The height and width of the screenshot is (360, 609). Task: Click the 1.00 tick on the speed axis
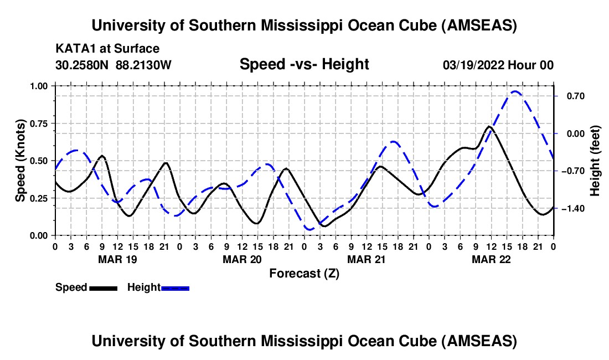(x=40, y=86)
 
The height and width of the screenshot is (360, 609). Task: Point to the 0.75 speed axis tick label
(x=40, y=124)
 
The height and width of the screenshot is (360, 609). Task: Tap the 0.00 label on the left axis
(x=40, y=235)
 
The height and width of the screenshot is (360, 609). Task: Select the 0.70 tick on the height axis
(x=570, y=96)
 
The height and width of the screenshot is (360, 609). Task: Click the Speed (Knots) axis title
(x=20, y=161)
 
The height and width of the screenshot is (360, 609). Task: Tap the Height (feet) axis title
(x=596, y=161)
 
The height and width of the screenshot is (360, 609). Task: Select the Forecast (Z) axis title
(x=304, y=273)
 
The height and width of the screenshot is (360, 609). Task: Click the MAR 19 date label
(x=117, y=259)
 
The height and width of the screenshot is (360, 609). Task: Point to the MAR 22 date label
(x=491, y=259)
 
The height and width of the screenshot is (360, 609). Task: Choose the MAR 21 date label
(x=367, y=259)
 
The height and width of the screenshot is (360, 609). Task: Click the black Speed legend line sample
(x=103, y=287)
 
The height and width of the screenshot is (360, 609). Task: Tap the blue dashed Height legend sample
(x=175, y=287)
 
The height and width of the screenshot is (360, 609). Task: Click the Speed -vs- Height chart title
(x=304, y=64)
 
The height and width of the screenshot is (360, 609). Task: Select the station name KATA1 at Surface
(x=107, y=49)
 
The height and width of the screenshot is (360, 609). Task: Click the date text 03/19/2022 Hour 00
(x=498, y=65)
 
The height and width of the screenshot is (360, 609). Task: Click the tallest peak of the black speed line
(x=489, y=126)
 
